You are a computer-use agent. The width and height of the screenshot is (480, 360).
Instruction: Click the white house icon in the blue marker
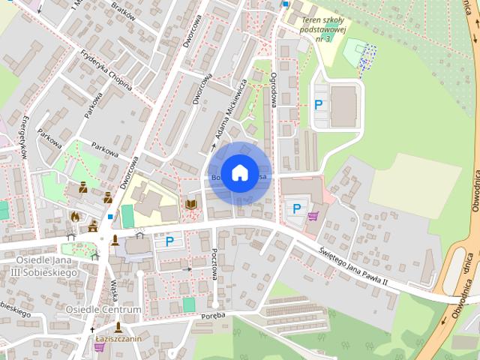tap(239, 172)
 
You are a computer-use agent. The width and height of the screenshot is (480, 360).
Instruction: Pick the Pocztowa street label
tap(214, 265)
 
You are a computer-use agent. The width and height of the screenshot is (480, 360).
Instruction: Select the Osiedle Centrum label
tap(103, 309)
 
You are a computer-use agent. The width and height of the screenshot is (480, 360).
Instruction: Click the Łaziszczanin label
tap(119, 339)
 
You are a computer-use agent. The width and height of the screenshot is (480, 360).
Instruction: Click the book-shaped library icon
tap(190, 204)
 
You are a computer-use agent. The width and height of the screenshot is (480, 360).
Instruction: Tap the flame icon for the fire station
tap(74, 216)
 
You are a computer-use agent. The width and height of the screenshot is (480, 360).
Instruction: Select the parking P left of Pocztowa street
tap(169, 241)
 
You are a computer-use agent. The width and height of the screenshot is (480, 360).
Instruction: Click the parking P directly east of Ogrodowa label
tap(319, 105)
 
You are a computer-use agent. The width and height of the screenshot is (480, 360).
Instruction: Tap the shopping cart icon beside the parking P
tap(312, 216)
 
